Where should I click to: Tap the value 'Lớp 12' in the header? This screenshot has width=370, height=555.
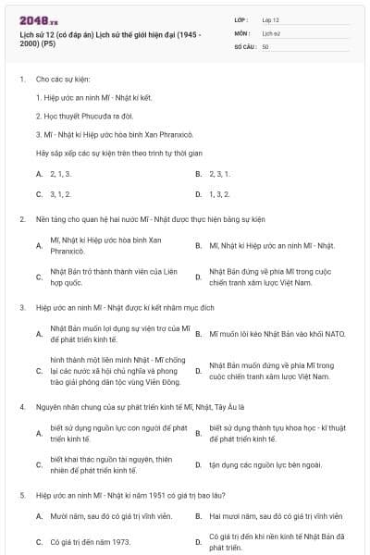click(270, 19)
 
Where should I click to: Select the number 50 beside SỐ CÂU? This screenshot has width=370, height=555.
click(265, 46)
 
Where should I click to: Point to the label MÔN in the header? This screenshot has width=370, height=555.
click(242, 33)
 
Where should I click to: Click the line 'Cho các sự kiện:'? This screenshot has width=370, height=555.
click(63, 80)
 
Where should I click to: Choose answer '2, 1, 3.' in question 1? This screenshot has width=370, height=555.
click(60, 173)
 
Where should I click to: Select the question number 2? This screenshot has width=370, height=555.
click(21, 219)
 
